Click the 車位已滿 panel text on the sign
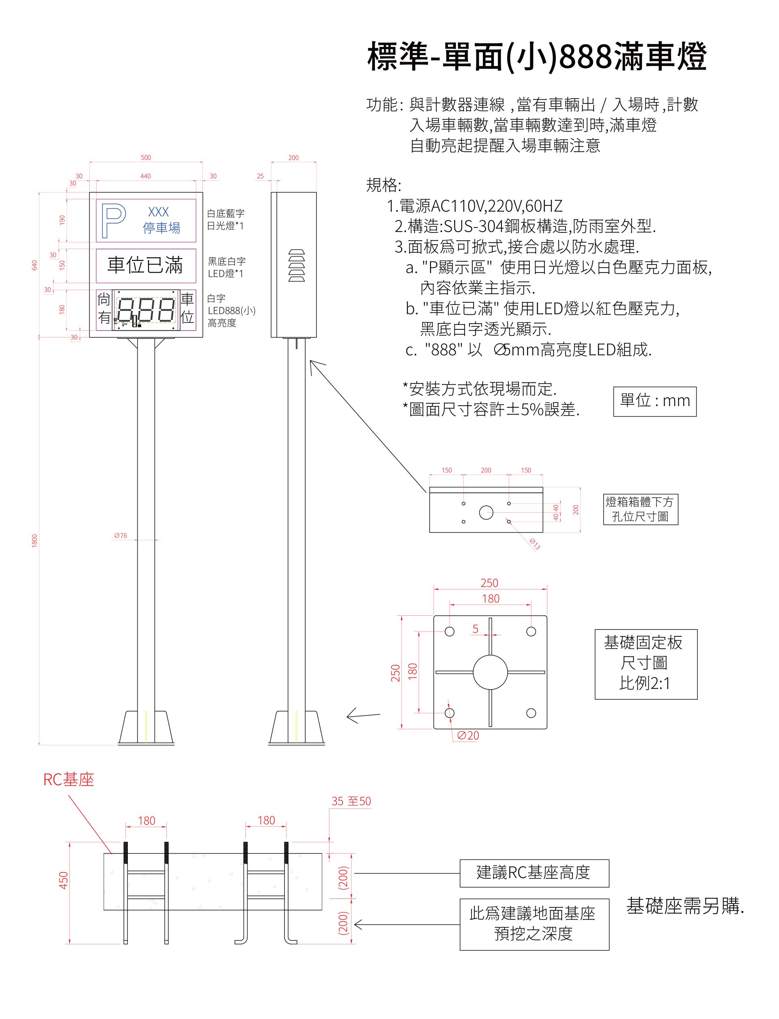pyautogui.click(x=145, y=265)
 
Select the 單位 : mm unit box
pyautogui.click(x=654, y=401)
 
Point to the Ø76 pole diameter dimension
pyautogui.click(x=121, y=535)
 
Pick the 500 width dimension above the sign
pyautogui.click(x=146, y=158)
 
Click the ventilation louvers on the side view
pyautogui.click(x=297, y=265)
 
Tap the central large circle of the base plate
pyautogui.click(x=490, y=672)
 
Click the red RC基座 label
pyautogui.click(x=69, y=780)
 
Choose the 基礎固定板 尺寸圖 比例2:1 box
pyautogui.click(x=646, y=663)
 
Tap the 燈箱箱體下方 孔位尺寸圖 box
pyautogui.click(x=640, y=509)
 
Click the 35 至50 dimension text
pyautogui.click(x=351, y=801)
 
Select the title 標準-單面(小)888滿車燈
pyautogui.click(x=536, y=56)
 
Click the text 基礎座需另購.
pyautogui.click(x=685, y=906)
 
